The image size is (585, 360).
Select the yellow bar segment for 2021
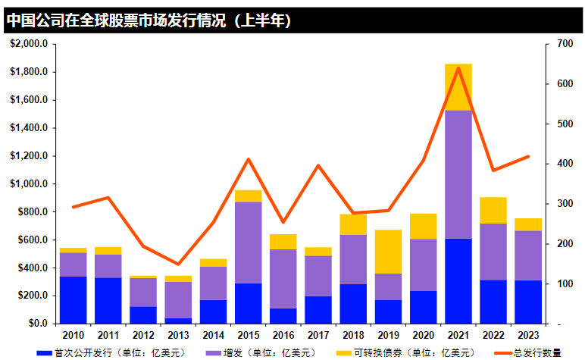click(458, 87)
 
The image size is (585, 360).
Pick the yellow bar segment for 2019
click(388, 252)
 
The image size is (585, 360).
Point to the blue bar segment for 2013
click(178, 321)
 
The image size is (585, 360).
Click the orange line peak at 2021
click(458, 68)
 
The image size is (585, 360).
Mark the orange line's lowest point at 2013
click(178, 265)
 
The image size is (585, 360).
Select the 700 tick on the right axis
click(563, 44)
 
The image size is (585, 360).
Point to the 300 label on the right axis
click(563, 204)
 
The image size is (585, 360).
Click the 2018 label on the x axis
click(353, 334)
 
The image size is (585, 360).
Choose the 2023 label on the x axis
click(528, 334)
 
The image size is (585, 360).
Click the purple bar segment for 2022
click(493, 252)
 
